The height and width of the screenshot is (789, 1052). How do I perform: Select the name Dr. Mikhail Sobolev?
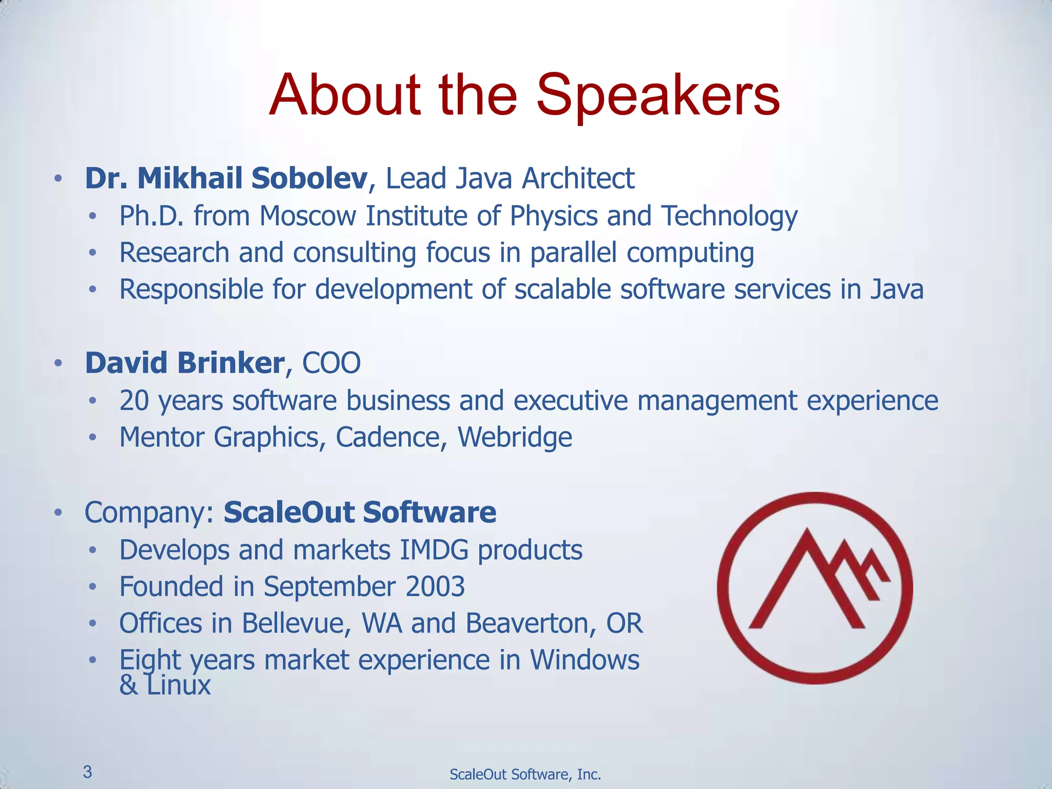(x=226, y=179)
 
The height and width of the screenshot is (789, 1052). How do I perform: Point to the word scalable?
(x=562, y=289)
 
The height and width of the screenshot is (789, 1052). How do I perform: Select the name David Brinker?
(x=184, y=363)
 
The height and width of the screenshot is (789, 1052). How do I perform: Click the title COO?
(x=331, y=363)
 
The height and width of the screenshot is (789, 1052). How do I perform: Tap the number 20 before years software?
(x=134, y=401)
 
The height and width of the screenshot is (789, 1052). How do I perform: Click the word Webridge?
(x=515, y=438)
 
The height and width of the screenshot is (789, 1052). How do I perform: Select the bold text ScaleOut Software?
(x=360, y=513)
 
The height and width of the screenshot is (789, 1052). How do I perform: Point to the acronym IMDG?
(x=434, y=550)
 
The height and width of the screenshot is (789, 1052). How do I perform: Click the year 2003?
(x=435, y=587)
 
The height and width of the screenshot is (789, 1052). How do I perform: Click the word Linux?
(x=178, y=686)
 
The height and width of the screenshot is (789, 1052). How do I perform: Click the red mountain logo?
(x=815, y=588)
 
